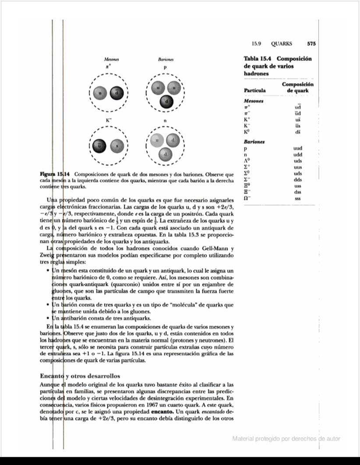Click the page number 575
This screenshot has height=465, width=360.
click(x=311, y=43)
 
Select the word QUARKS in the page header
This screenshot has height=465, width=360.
click(x=282, y=43)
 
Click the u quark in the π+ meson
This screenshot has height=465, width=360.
click(x=100, y=94)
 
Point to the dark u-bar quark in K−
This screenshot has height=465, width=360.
click(x=100, y=145)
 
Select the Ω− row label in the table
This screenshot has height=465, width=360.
click(x=247, y=198)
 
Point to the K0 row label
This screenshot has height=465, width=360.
click(x=247, y=131)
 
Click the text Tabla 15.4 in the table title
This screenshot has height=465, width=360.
click(x=258, y=59)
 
